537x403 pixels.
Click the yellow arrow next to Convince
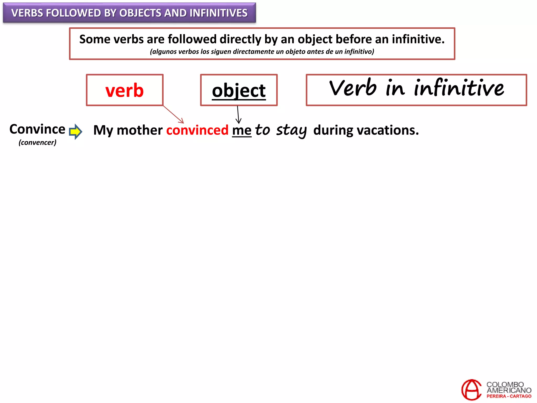click(x=76, y=131)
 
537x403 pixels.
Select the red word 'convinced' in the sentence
click(x=197, y=130)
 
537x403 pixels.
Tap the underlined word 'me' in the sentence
click(x=241, y=130)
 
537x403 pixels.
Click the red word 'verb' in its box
click(x=125, y=90)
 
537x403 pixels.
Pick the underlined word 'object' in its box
click(x=239, y=91)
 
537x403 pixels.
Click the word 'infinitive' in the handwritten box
click(x=459, y=88)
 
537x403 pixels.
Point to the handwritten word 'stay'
click(x=291, y=130)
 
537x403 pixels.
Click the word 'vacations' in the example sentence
click(x=388, y=130)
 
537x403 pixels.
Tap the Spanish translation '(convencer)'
click(x=37, y=142)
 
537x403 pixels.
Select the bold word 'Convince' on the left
click(x=37, y=129)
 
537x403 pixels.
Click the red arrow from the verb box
click(x=173, y=114)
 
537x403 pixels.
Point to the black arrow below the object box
click(x=238, y=115)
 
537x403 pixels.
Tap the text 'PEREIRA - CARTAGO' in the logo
click(x=509, y=396)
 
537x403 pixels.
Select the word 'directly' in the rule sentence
click(x=240, y=39)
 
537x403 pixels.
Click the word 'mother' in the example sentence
click(x=139, y=130)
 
